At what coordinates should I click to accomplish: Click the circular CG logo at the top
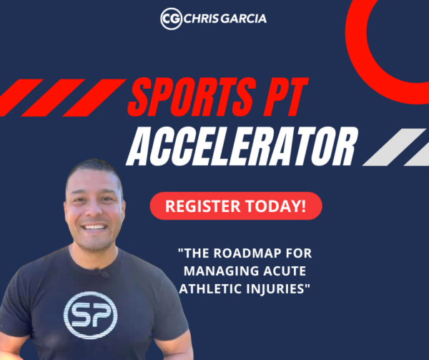point(172,19)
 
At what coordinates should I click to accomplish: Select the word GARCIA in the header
point(243,19)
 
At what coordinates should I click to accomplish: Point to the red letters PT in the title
point(285,97)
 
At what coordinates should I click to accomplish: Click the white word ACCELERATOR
point(242,147)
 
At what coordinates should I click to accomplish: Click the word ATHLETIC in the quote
point(210,289)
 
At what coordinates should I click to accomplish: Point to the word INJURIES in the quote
point(275,289)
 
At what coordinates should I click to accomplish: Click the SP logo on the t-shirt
point(91,315)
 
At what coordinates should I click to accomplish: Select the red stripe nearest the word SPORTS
point(94,98)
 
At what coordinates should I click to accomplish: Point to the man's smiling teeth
point(94,227)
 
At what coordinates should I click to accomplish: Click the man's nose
point(94,208)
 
